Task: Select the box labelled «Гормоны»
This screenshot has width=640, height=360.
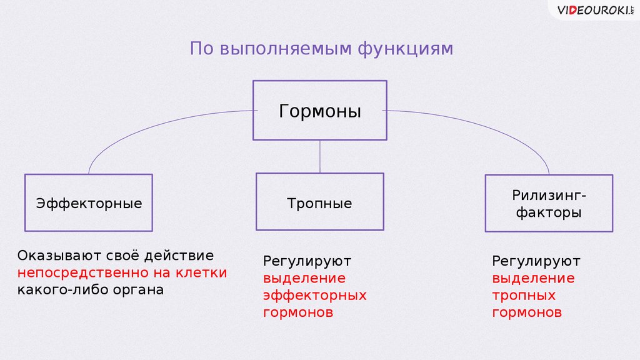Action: tap(319, 111)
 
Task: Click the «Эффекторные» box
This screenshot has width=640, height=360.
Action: tap(88, 202)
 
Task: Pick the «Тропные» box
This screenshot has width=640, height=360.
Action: tap(319, 202)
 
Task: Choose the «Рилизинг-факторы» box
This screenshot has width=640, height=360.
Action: tap(549, 203)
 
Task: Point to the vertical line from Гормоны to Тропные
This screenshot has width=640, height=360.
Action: tap(320, 156)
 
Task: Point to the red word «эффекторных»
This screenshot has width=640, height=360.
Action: tap(314, 295)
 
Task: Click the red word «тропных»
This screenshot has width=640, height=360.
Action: tap(524, 295)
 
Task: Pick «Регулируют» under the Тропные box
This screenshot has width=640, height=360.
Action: tap(307, 260)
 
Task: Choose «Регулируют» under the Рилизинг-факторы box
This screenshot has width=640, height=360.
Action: tap(536, 260)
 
